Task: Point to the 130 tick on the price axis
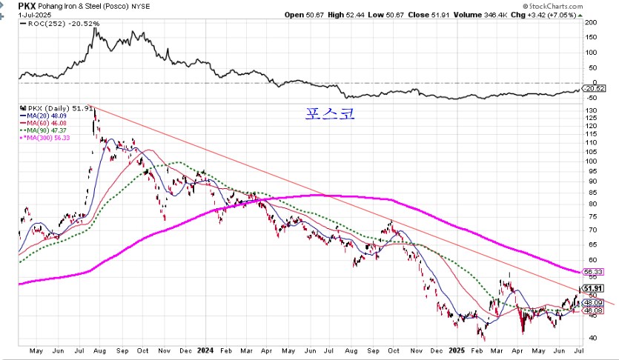pos(591,110)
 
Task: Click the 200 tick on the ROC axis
pos(591,22)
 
